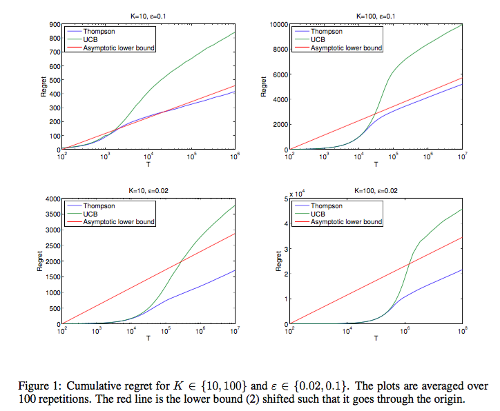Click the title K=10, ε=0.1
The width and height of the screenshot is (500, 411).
point(148,16)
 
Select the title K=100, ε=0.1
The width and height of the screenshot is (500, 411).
point(376,16)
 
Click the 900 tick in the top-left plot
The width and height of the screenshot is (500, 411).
point(52,24)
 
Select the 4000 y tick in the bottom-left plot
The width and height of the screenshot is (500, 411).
point(51,199)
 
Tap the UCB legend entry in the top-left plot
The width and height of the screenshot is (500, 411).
point(90,40)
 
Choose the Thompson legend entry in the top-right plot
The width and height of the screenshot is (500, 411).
point(326,32)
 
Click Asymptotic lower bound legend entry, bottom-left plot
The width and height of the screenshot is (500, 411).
point(119,222)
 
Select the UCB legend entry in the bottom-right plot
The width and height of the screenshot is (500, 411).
point(318,214)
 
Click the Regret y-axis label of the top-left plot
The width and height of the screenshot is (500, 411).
point(42,86)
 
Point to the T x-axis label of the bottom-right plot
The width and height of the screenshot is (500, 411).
point(376,339)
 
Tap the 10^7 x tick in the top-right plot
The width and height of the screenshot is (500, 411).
point(462,157)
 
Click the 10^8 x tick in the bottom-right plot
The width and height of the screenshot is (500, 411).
point(462,331)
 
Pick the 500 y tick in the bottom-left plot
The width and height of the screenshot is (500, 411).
point(54,308)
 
